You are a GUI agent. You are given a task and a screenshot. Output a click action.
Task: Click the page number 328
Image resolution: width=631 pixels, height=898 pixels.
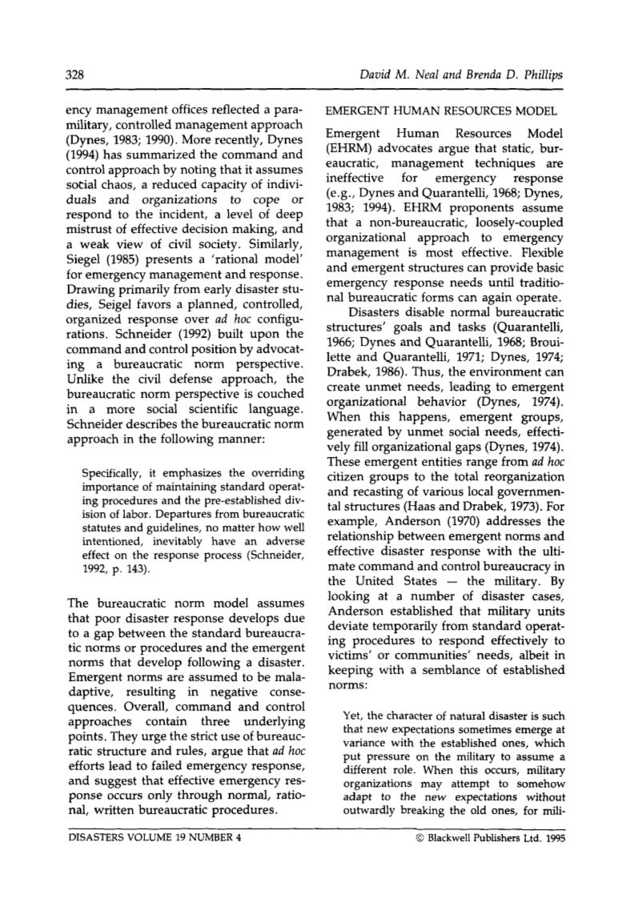75,75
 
